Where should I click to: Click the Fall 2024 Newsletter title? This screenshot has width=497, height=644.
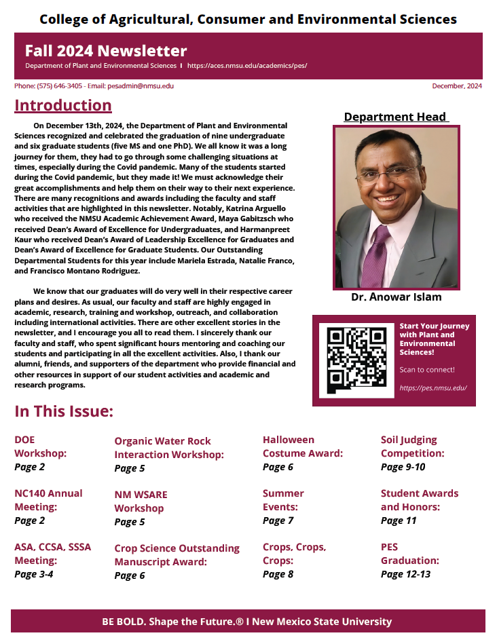(x=106, y=51)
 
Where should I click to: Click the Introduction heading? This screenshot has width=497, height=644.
(x=63, y=105)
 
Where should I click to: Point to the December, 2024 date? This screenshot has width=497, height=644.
(x=457, y=86)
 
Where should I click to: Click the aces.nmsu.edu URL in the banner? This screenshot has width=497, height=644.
(x=247, y=66)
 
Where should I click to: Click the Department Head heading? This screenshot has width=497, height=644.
(x=395, y=117)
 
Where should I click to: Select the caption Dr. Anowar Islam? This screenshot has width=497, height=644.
(x=397, y=297)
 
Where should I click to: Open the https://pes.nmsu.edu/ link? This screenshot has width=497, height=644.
(x=433, y=388)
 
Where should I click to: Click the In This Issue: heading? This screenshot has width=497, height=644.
(x=64, y=411)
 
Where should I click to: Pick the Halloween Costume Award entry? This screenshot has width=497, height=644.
(x=302, y=447)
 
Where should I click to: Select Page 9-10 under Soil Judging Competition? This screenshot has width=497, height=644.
(x=403, y=467)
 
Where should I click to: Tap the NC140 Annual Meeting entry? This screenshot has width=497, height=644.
(x=48, y=500)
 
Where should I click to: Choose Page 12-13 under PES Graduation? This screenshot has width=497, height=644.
(x=405, y=574)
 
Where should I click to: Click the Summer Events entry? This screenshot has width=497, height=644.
(x=283, y=500)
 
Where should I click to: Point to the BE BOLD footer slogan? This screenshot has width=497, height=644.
(x=247, y=622)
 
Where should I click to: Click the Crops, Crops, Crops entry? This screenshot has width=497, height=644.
(x=294, y=554)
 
